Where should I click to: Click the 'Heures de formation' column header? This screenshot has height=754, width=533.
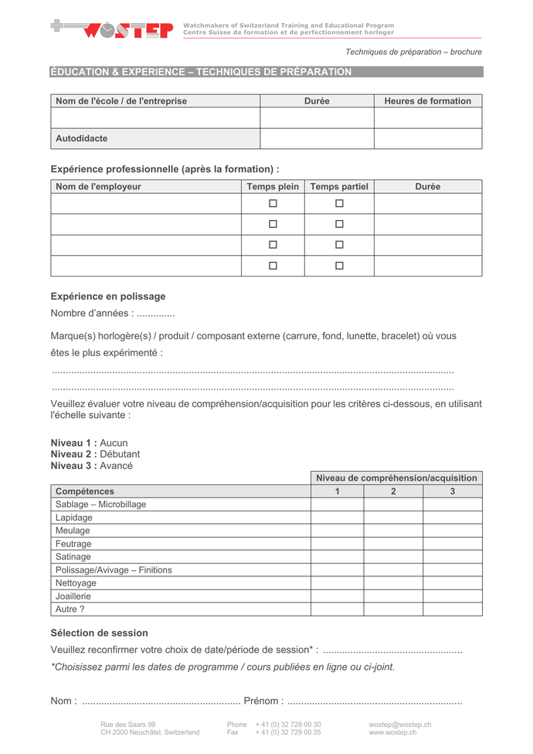[427, 101]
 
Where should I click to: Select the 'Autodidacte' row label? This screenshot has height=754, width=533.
[82, 139]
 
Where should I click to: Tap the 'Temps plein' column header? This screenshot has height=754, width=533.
[273, 187]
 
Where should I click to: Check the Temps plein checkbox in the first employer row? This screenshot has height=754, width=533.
[273, 204]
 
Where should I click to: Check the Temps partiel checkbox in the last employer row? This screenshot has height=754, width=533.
[339, 266]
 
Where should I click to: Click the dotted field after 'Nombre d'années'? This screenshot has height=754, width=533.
[155, 314]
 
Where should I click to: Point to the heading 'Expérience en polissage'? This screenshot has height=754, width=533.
[108, 297]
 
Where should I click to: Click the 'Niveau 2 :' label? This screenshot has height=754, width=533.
[74, 454]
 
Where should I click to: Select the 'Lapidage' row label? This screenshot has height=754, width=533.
[74, 518]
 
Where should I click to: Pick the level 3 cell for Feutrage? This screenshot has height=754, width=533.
[452, 544]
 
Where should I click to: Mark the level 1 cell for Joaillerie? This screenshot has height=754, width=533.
[337, 596]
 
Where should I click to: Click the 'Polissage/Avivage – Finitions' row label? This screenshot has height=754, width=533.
[114, 570]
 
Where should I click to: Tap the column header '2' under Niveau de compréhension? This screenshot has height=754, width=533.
[393, 491]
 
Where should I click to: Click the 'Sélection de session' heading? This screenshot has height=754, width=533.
[100, 633]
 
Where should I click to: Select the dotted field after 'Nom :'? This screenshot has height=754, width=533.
[161, 701]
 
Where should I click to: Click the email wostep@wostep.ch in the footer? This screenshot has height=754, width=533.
[400, 725]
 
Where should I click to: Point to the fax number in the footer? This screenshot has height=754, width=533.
[288, 732]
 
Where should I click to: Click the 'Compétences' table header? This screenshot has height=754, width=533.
[85, 491]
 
